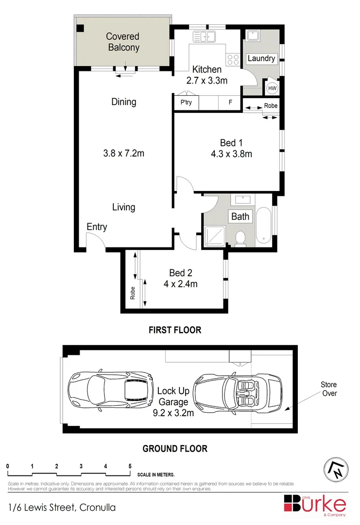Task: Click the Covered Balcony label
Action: pos(122,42)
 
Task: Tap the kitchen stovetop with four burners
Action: pos(234,59)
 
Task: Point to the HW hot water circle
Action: pos(272,88)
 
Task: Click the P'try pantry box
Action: pos(186,103)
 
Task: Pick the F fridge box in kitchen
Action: pos(230,103)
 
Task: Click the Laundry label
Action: pos(261,58)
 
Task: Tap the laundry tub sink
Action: pos(253,36)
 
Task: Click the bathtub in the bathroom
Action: pos(265,225)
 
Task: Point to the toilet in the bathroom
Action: pos(240,238)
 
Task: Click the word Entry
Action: pos(97,227)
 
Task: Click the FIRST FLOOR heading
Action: pos(174,330)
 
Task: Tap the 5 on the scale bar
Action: pos(130,466)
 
